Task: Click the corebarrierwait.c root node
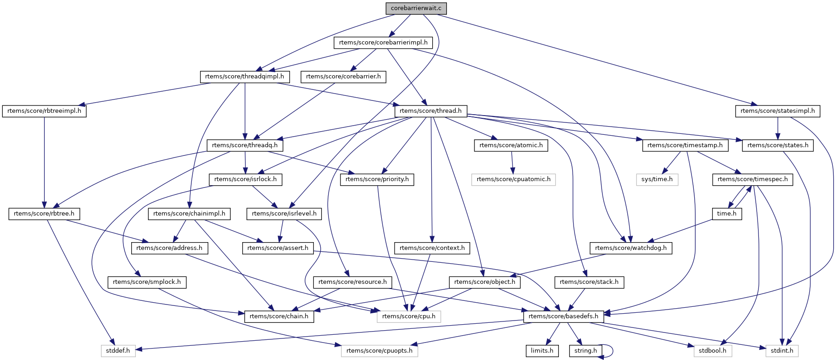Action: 416,8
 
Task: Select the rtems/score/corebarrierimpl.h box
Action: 383,43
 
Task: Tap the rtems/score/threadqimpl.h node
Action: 245,77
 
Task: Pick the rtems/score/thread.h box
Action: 431,111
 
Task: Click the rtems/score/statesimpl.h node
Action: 778,111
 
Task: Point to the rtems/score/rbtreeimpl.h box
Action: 44,111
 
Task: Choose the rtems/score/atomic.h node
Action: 511,145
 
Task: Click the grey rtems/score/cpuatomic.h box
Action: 513,179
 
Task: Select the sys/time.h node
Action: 657,179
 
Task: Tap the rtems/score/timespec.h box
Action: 752,179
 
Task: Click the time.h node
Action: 727,214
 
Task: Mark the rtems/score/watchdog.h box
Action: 631,248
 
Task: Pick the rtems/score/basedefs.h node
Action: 563,316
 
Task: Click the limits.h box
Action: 542,351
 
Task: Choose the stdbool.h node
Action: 713,351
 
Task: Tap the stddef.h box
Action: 118,351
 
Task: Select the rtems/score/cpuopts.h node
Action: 379,351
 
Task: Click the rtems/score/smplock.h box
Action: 147,282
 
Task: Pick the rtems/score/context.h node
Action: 432,248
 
